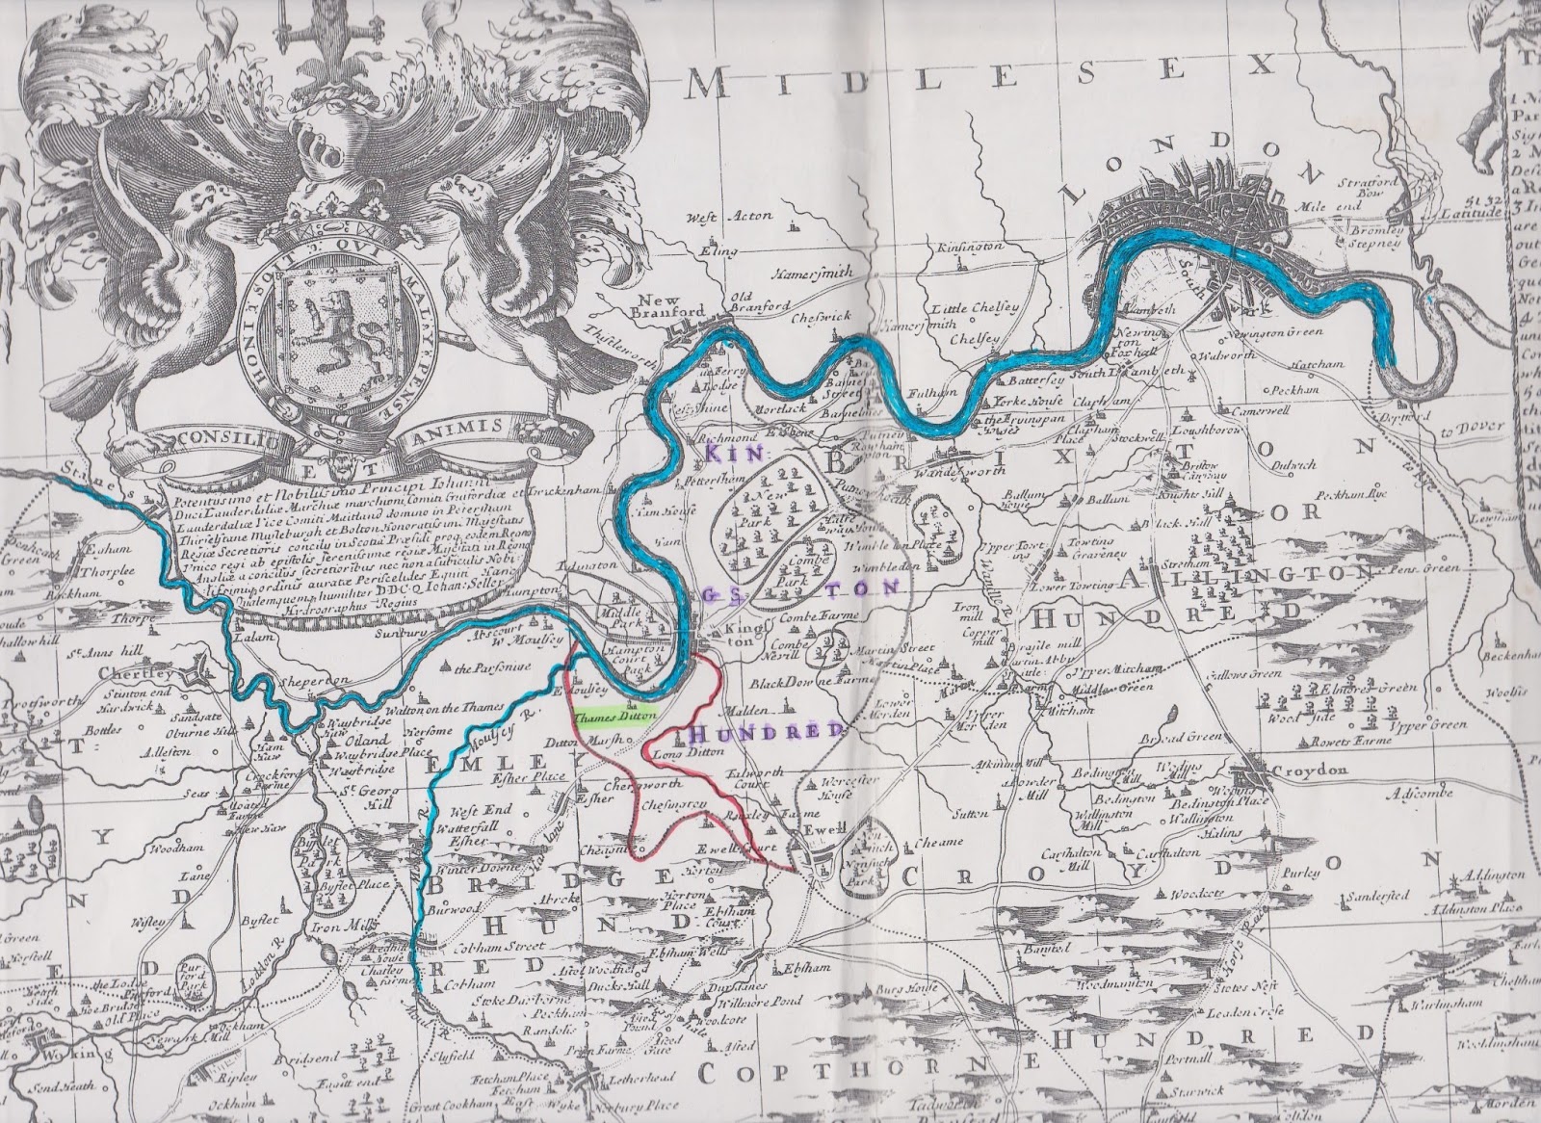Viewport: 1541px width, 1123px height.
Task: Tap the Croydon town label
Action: pos(1306,771)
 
